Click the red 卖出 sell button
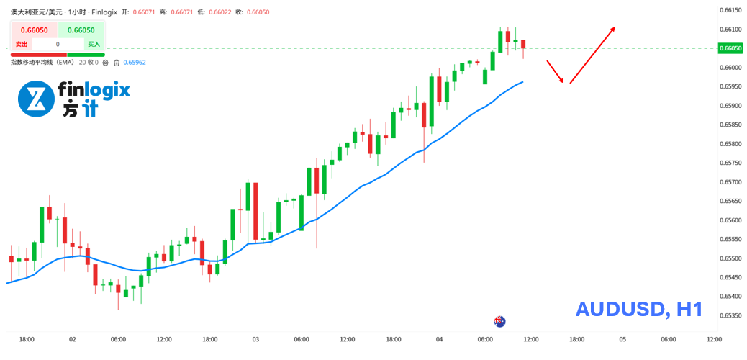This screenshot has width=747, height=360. pyautogui.click(x=22, y=44)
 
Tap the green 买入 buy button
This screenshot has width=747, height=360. pyautogui.click(x=94, y=44)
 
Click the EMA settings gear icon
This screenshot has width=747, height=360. pyautogui.click(x=106, y=63)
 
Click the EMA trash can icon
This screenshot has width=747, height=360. pyautogui.click(x=117, y=63)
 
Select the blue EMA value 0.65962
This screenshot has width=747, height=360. pyautogui.click(x=135, y=63)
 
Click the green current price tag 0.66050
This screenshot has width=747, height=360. pyautogui.click(x=730, y=48)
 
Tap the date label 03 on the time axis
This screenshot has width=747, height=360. pyautogui.click(x=255, y=339)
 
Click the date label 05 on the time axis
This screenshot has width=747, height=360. pyautogui.click(x=622, y=339)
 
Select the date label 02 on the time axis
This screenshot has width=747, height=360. pyautogui.click(x=72, y=339)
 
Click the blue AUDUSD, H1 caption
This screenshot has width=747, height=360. pyautogui.click(x=638, y=310)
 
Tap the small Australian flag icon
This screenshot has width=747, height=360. pyautogui.click(x=499, y=321)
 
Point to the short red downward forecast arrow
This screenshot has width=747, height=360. pyautogui.click(x=554, y=71)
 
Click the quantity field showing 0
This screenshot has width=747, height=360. pyautogui.click(x=58, y=44)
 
